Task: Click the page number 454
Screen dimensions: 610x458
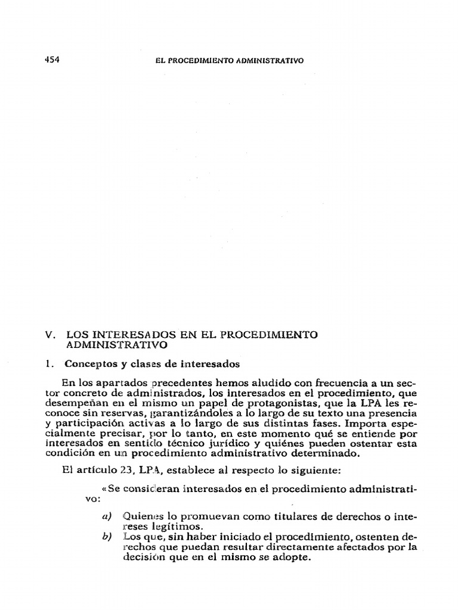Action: pyautogui.click(x=52, y=60)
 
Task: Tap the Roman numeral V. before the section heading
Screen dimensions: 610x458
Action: pyautogui.click(x=50, y=335)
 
